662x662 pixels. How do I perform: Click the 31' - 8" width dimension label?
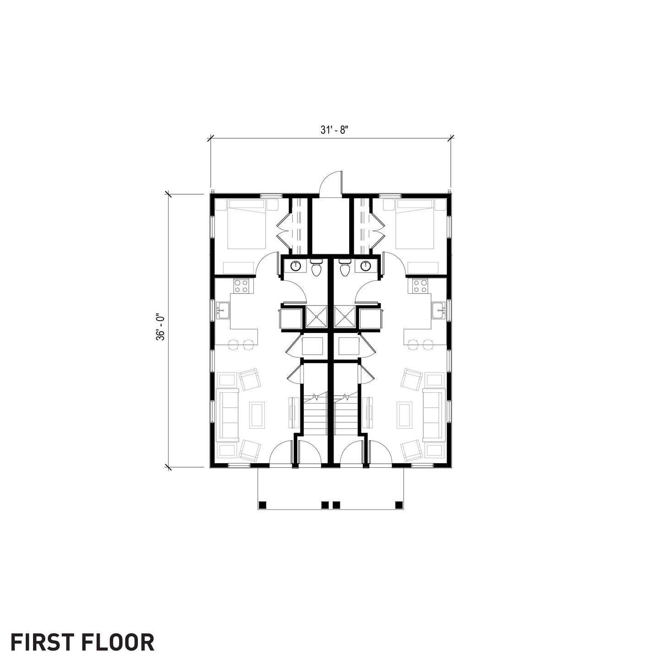[x=334, y=130]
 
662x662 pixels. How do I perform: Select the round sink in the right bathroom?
[x=365, y=266]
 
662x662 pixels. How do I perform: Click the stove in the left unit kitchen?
[x=241, y=286]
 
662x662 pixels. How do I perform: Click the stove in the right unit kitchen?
[x=420, y=286]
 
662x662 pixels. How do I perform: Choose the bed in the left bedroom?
[x=241, y=224]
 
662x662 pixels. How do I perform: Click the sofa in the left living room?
[x=229, y=415]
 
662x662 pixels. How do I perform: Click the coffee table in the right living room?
[x=405, y=415]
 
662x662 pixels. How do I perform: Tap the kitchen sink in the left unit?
[x=222, y=311]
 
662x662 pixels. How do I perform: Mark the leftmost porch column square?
[x=263, y=505]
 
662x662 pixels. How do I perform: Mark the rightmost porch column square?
[x=399, y=505]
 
